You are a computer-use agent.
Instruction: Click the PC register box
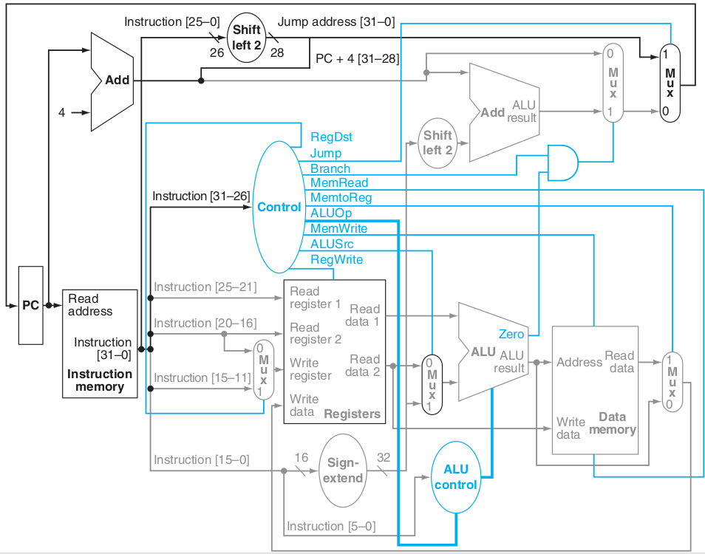tap(30, 305)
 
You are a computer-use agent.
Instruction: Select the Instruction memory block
tap(100, 343)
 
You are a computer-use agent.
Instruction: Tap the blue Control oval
tap(279, 207)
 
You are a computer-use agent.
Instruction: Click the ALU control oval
tap(456, 477)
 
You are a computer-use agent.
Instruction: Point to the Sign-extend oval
tap(343, 471)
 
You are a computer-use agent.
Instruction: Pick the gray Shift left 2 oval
tap(437, 143)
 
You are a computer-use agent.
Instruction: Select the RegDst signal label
tap(331, 137)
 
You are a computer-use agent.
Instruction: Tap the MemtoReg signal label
tap(341, 197)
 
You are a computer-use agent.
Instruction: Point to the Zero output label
tap(511, 334)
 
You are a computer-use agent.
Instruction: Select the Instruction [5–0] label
tap(330, 526)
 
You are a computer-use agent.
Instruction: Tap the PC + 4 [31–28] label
tap(357, 58)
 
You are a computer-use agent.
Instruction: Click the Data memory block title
tap(612, 423)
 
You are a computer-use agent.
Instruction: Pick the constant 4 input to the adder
tap(63, 112)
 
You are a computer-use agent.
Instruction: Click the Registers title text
tap(352, 414)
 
